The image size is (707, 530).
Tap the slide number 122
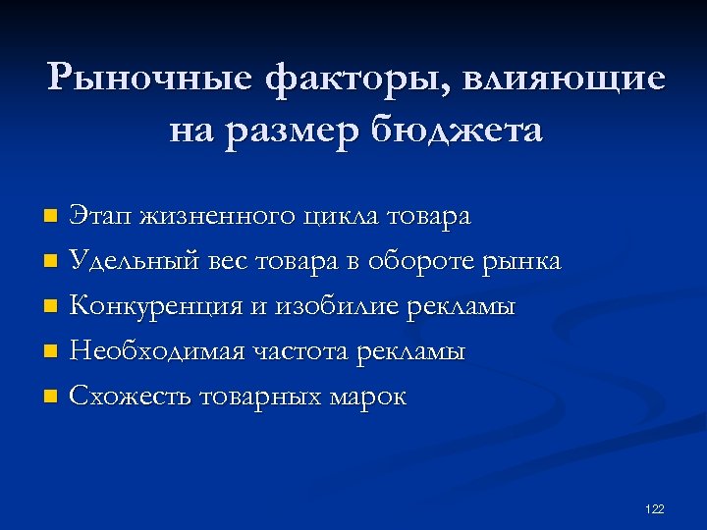655,508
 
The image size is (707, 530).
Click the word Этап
102,216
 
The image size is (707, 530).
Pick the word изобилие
338,307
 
